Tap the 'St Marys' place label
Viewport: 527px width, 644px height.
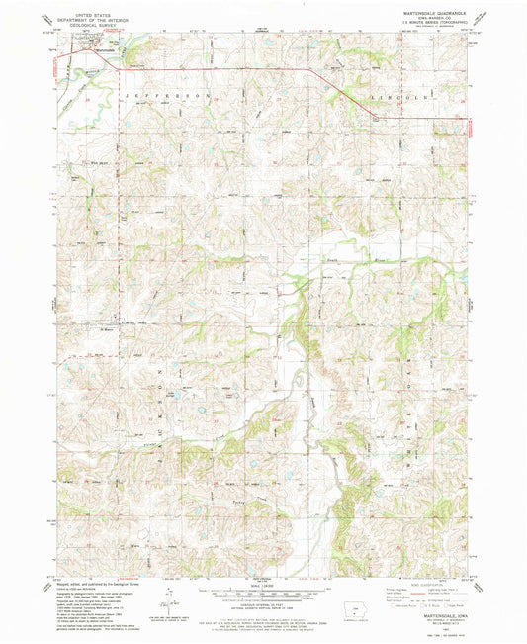(x=109, y=330)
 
